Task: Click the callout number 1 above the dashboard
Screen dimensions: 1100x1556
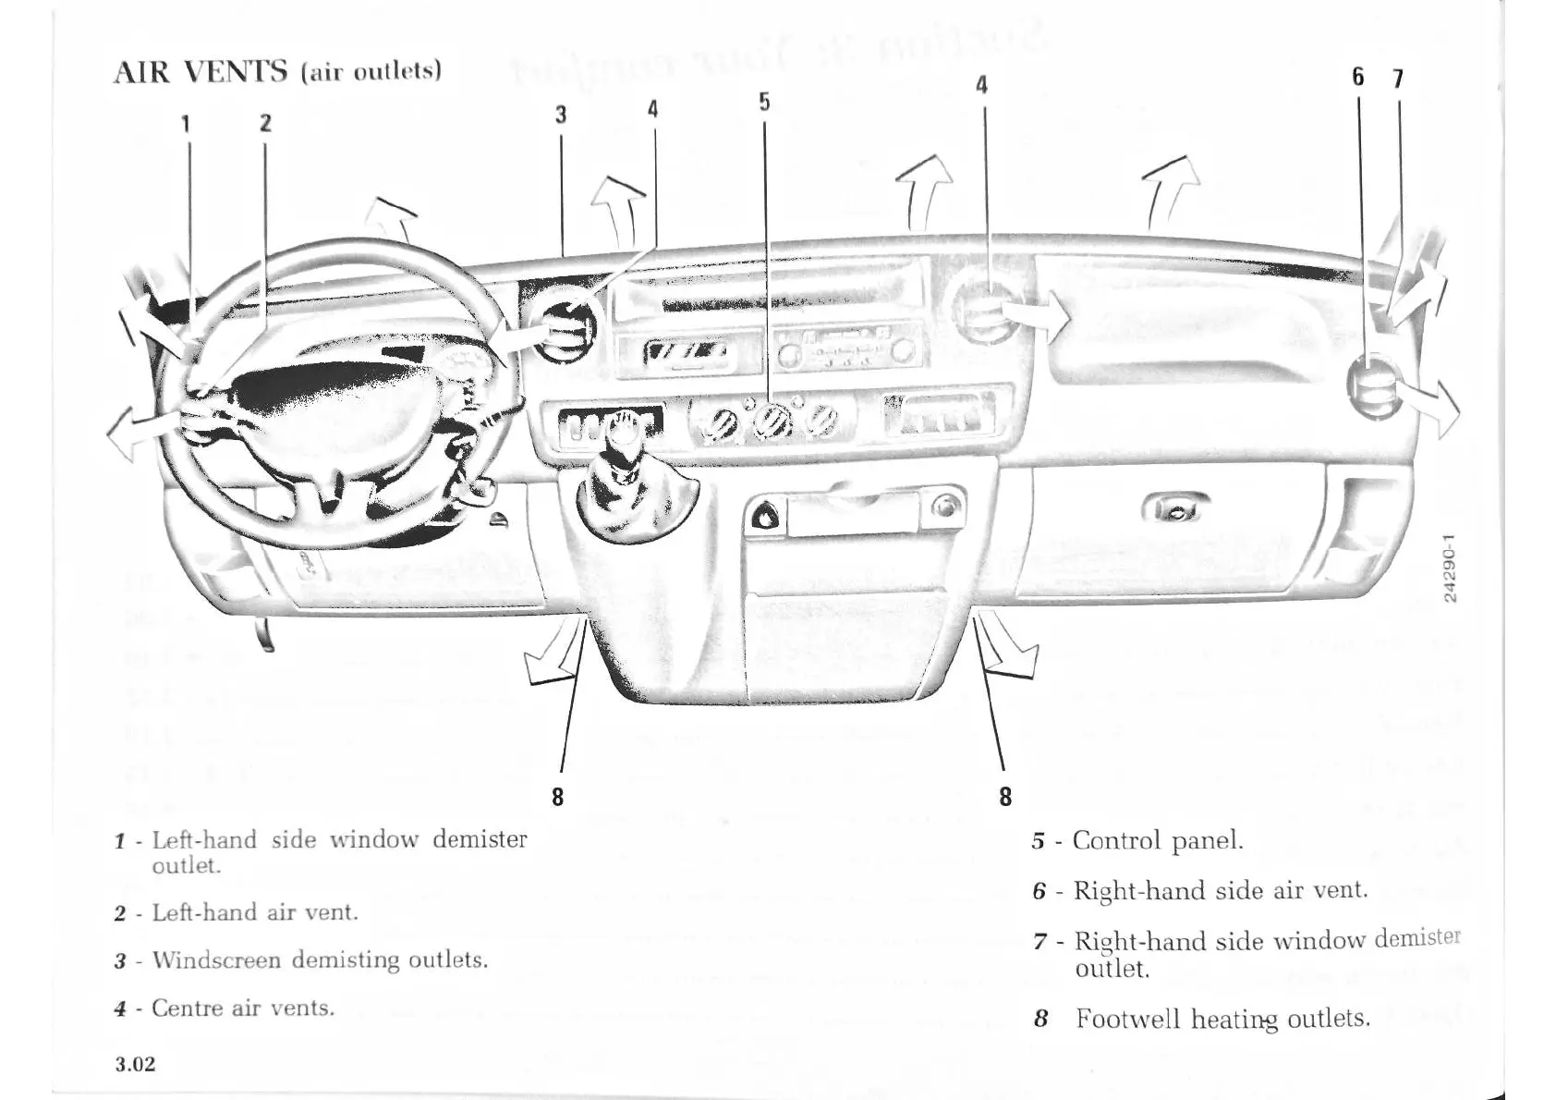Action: [x=186, y=124]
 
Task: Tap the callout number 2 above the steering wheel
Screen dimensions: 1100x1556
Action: [x=265, y=124]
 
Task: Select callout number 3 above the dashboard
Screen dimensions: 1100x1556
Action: [x=561, y=115]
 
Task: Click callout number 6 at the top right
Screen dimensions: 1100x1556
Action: [x=1357, y=78]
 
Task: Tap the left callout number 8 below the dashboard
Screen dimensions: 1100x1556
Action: [x=557, y=796]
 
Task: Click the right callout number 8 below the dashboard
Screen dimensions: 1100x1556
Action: [x=1005, y=796]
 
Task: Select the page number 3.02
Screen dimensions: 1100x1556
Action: [x=136, y=1064]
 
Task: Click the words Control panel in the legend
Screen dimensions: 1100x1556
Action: [x=1158, y=840]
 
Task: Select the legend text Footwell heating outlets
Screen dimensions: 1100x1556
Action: [x=1222, y=1019]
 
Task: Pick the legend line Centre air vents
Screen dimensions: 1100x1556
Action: [x=242, y=1008]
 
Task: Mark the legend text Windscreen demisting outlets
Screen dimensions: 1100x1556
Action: [x=319, y=959]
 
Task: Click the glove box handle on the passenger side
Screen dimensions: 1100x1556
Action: [x=1175, y=507]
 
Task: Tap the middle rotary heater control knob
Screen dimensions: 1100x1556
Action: [x=769, y=424]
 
